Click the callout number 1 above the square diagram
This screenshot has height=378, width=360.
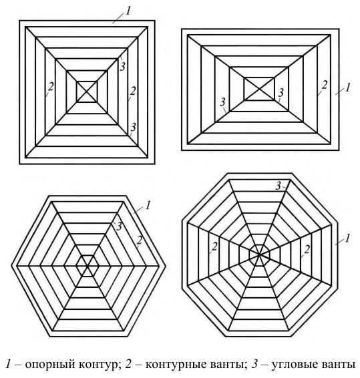[128, 11]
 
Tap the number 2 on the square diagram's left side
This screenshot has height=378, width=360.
[51, 87]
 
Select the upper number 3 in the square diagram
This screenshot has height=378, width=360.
[123, 67]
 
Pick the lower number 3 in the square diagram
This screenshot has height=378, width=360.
[134, 127]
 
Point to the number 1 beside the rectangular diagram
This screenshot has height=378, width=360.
[347, 87]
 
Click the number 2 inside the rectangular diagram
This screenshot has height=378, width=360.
[325, 85]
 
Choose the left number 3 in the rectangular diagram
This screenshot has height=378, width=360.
[222, 102]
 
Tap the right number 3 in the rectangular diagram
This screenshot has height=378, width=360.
[281, 93]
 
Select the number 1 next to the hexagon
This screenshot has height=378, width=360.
[148, 206]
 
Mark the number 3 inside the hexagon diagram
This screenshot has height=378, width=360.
[119, 226]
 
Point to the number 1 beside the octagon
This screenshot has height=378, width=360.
[347, 238]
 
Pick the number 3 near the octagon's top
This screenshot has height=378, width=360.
[279, 186]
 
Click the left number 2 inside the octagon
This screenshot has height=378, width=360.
[214, 246]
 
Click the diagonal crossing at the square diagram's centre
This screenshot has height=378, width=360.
[87, 91]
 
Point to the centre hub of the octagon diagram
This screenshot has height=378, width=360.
[259, 254]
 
